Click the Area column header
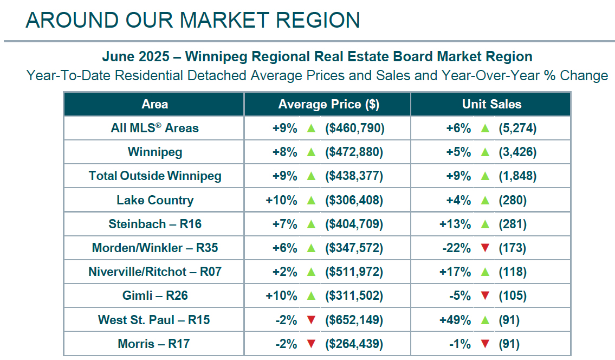click(x=154, y=104)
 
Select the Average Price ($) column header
click(x=328, y=104)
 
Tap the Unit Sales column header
click(x=491, y=104)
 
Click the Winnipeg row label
click(x=155, y=152)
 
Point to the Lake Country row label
click(x=155, y=200)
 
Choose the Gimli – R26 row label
click(x=155, y=295)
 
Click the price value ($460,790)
click(x=354, y=128)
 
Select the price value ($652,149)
click(x=354, y=320)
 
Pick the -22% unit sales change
click(x=456, y=248)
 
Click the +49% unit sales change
click(x=456, y=320)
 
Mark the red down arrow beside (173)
click(x=485, y=248)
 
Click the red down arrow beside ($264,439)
click(x=310, y=344)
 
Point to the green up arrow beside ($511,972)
click(x=310, y=272)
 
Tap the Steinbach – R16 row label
click(x=155, y=224)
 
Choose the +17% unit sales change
click(x=456, y=272)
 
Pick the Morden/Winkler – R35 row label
click(x=155, y=248)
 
